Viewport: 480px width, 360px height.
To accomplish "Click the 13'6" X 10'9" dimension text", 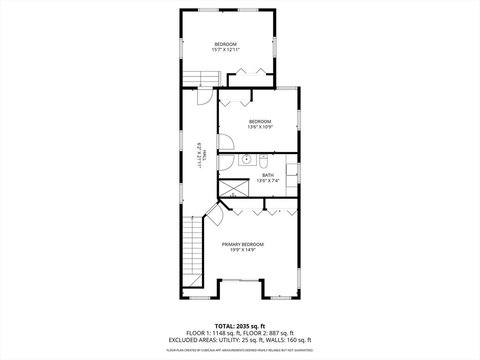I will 260,127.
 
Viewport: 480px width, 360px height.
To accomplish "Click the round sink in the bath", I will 247,160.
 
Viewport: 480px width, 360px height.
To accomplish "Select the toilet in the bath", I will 263,161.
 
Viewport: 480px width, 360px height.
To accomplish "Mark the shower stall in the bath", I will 233,188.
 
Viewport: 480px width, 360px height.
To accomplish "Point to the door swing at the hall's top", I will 204,97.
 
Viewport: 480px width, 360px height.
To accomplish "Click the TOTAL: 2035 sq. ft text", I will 240,326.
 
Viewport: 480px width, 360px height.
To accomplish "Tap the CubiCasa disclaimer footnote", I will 240,350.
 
